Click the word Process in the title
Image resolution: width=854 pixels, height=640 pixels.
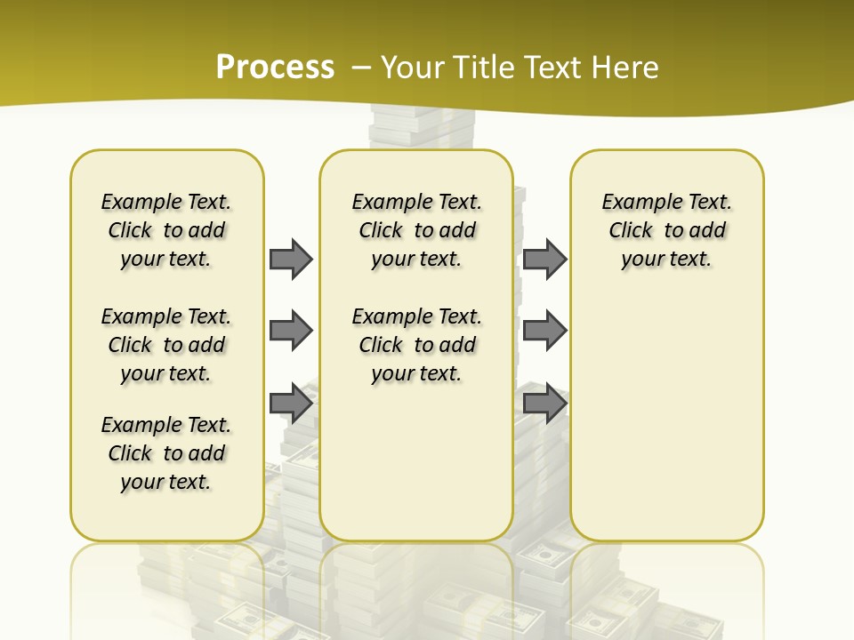[x=275, y=68]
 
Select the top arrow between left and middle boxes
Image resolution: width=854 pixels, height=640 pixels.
[x=291, y=259]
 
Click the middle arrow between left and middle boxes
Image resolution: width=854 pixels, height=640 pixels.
[x=291, y=331]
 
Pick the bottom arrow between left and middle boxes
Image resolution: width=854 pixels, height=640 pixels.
[x=291, y=404]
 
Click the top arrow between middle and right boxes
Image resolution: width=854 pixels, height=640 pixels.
[x=544, y=259]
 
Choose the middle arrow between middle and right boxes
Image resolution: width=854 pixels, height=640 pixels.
[x=544, y=331]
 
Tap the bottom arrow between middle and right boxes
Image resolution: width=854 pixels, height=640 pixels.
[x=544, y=404]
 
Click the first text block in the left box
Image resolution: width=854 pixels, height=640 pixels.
[x=166, y=230]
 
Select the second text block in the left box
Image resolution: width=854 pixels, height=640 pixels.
[x=166, y=345]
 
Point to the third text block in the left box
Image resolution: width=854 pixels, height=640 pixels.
[x=166, y=453]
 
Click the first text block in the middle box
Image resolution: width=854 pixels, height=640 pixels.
[x=416, y=230]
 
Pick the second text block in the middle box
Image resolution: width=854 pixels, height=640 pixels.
[x=416, y=345]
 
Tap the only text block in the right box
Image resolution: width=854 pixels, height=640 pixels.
[x=666, y=230]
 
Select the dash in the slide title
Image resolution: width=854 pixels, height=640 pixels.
[x=361, y=68]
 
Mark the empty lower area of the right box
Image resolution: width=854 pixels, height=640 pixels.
[x=666, y=418]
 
